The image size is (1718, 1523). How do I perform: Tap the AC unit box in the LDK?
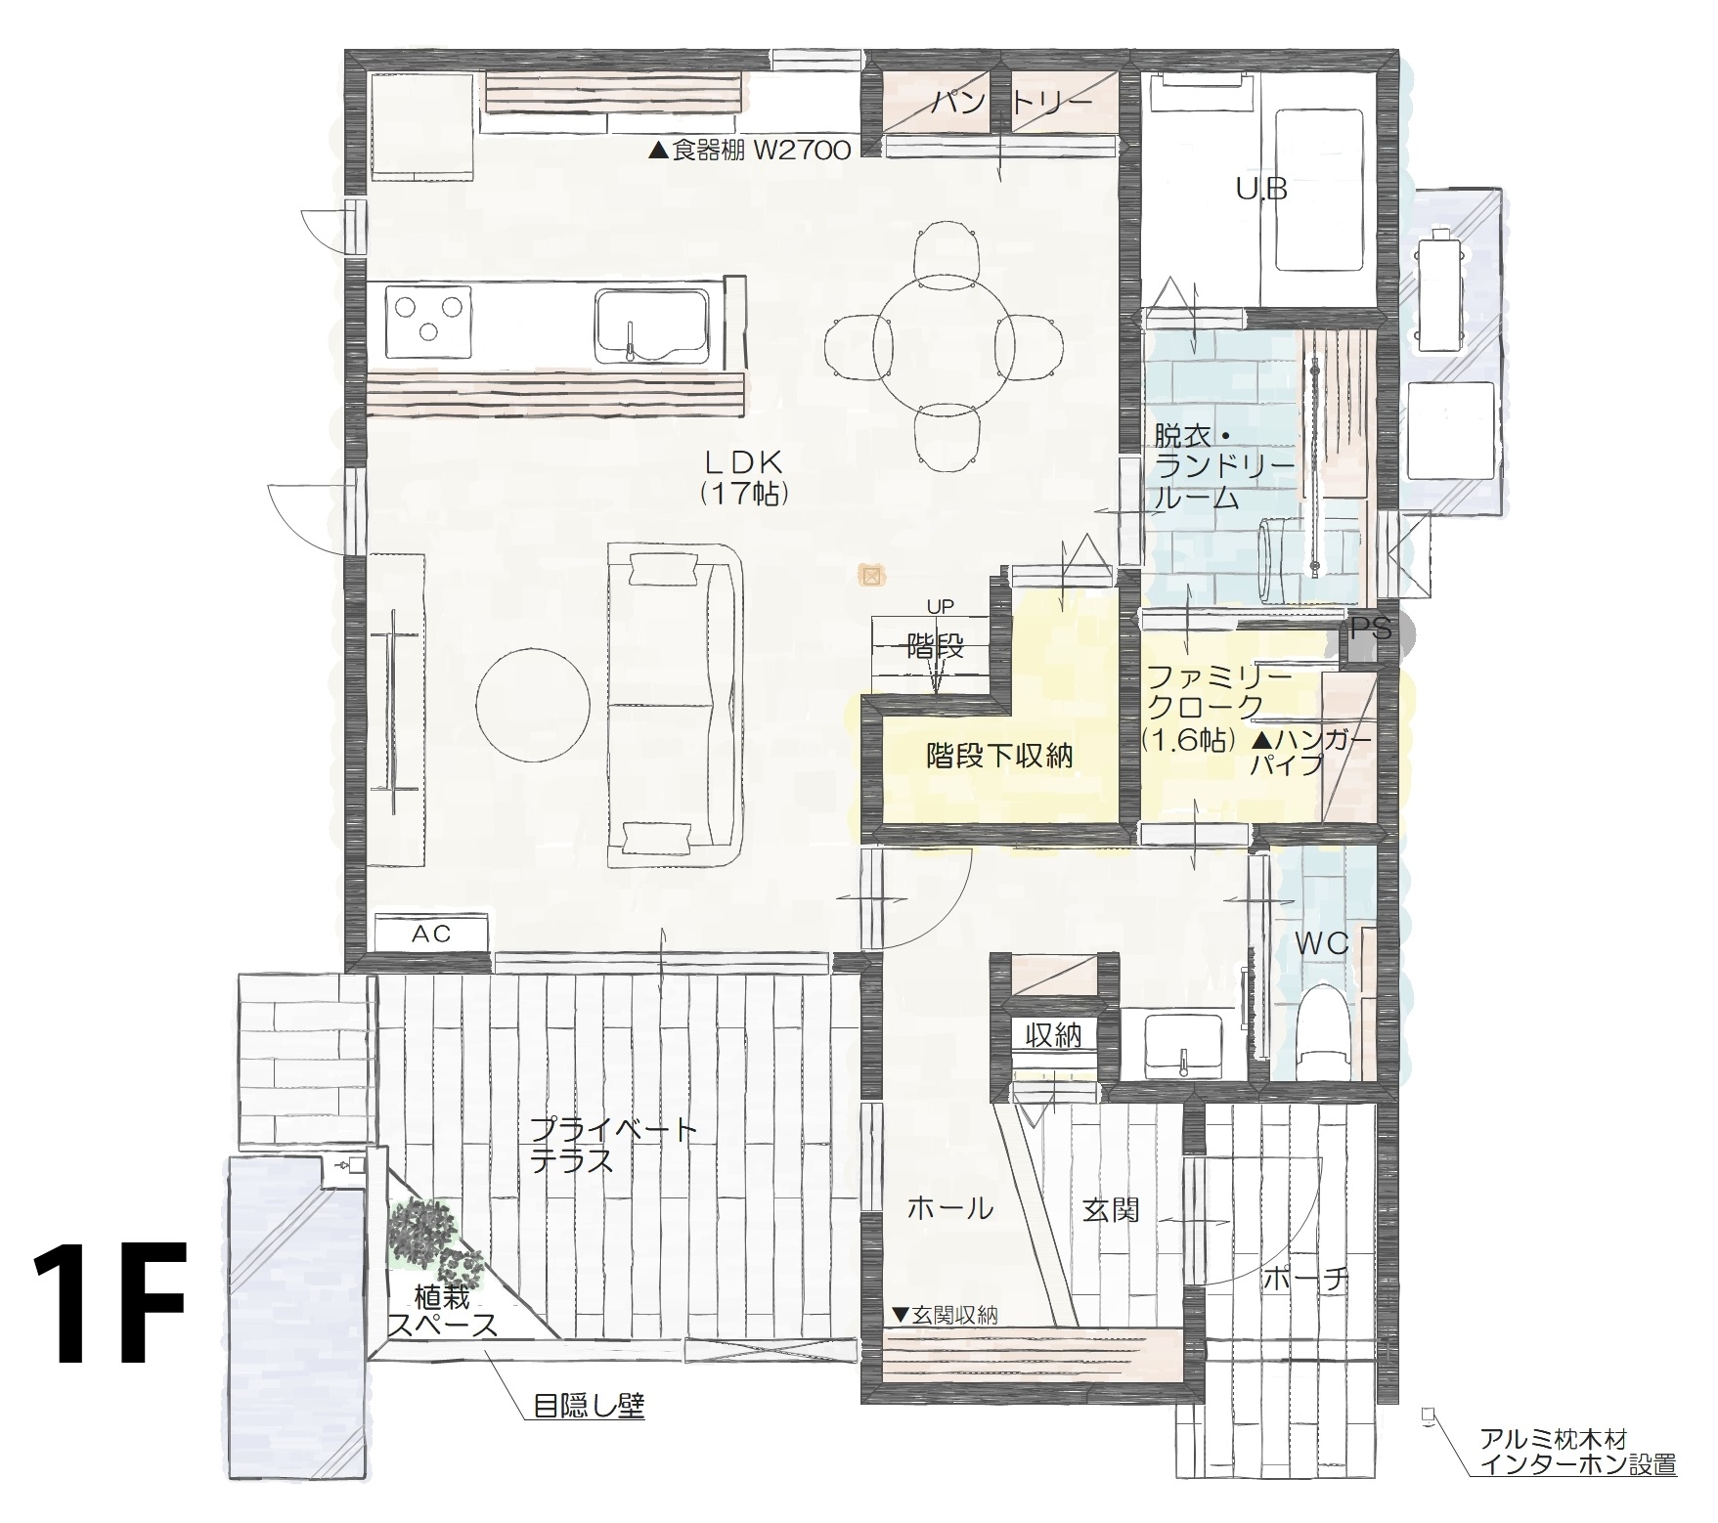click(x=430, y=934)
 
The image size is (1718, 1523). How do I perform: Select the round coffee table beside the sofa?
click(x=533, y=702)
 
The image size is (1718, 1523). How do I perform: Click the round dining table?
click(x=947, y=332)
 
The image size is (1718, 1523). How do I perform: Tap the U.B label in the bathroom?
click(x=1261, y=190)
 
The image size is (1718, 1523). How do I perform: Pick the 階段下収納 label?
click(x=999, y=756)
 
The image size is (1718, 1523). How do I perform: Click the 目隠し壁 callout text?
click(x=589, y=1407)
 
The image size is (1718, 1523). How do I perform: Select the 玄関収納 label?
click(x=944, y=1314)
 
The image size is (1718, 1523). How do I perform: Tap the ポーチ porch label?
click(x=1305, y=1278)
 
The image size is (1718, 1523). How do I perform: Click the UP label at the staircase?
click(x=939, y=607)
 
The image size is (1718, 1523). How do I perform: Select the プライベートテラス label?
click(x=614, y=1146)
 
